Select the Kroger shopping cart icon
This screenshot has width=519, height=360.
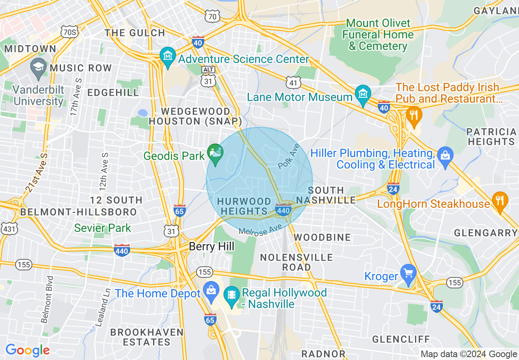pos(408,272)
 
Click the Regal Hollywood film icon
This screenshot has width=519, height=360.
pos(232,294)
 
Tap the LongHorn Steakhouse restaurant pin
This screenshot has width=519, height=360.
pos(500,200)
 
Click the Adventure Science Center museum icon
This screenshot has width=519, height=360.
pos(167,55)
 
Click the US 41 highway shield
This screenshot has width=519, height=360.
pos(294,83)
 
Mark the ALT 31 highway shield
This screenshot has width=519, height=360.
pos(208,77)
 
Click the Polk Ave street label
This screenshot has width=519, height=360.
pos(289,156)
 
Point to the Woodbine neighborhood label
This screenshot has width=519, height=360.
pos(322,237)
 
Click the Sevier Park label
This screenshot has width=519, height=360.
pos(102,228)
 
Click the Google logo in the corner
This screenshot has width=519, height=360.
pos(27,350)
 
